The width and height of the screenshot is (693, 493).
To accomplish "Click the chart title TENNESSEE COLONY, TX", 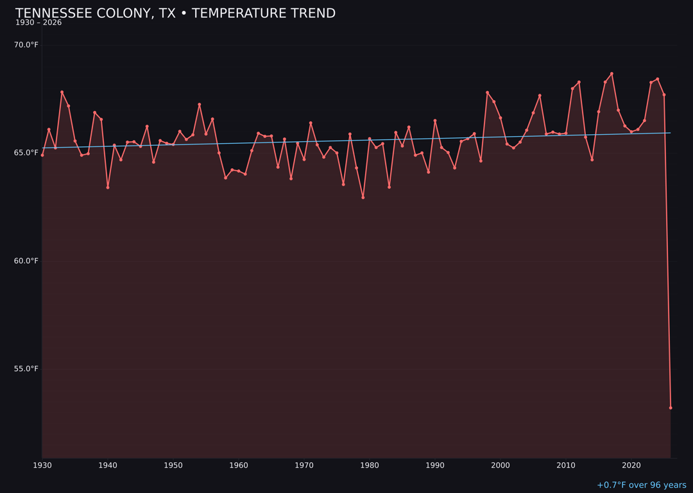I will tap(175, 13).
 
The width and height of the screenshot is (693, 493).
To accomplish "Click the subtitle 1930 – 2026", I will tap(38, 23).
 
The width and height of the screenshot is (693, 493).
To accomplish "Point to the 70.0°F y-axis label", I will tap(26, 45).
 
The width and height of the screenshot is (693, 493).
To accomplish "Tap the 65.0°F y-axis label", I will tap(26, 153).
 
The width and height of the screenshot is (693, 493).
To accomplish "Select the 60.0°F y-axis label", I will tap(26, 261).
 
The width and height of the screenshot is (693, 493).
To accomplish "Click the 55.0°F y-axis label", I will tap(26, 368).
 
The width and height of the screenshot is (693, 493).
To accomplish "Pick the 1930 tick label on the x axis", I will tap(42, 465).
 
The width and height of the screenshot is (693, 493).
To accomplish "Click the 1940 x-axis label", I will tap(108, 465).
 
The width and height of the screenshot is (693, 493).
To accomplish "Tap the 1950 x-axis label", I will tap(173, 465).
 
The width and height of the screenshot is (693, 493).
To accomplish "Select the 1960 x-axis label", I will tap(239, 465).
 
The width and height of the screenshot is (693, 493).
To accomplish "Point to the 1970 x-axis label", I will tap(304, 465).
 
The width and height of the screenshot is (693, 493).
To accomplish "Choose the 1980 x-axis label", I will tap(370, 465).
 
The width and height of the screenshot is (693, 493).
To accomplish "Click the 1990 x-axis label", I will tap(435, 465).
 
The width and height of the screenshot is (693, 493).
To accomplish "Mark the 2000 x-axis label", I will tap(501, 465).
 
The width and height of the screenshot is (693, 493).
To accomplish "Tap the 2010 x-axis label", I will tap(566, 465).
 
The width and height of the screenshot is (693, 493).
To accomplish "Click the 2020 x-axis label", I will tap(631, 465).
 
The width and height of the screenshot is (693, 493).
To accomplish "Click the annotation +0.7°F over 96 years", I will tap(641, 485).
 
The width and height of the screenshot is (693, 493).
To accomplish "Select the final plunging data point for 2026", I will tap(671, 408).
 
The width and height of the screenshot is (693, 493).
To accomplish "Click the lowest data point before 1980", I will tap(363, 197).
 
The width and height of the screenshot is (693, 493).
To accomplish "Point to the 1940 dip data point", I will tap(108, 187).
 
